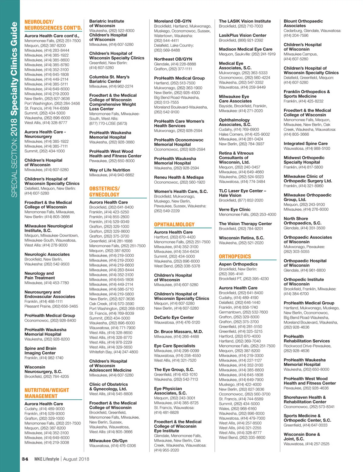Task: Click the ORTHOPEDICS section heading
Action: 235,256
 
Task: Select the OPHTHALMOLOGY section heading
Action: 174,224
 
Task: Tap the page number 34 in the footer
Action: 25,459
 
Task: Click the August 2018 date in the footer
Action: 76,459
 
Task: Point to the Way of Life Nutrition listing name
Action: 110,170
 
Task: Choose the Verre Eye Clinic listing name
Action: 234,209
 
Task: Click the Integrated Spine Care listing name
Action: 306,144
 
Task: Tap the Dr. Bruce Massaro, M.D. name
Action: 178,332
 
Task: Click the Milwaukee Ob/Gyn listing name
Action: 108,441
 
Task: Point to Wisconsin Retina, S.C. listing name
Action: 241,238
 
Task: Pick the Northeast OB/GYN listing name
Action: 173,59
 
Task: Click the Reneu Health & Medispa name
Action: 179,177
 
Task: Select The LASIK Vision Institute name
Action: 245,21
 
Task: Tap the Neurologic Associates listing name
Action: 47,254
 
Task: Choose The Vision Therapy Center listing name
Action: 245,224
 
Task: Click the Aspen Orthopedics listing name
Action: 238,264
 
